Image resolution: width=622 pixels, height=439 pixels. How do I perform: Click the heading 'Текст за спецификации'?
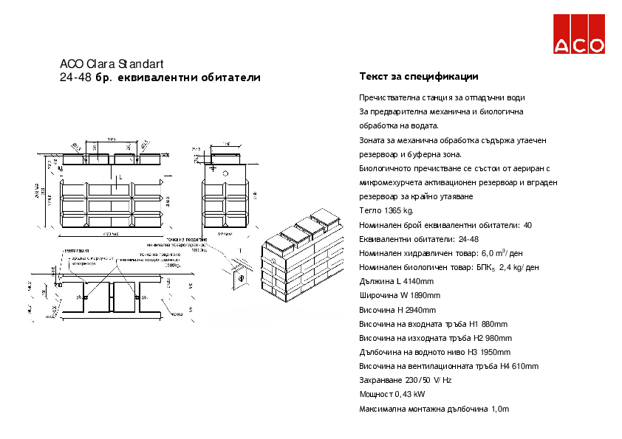click(419, 77)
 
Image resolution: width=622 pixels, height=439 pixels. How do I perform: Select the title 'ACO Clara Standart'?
click(111, 63)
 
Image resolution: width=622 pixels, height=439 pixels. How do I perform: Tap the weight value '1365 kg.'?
click(397, 211)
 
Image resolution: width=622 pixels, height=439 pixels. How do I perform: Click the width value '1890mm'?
click(420, 296)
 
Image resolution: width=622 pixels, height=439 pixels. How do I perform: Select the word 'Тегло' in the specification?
click(369, 211)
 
